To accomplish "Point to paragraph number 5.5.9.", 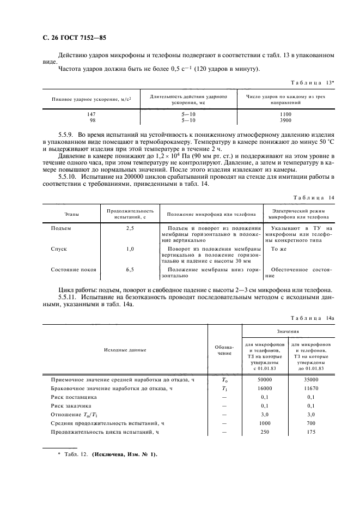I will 66,134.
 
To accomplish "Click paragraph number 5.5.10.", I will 68,178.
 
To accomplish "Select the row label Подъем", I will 60,228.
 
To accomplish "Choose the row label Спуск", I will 58,248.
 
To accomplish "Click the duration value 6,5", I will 130,269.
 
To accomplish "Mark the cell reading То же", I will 278,248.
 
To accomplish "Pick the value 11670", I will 310,388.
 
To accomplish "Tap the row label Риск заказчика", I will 71,406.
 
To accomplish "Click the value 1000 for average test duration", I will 265,423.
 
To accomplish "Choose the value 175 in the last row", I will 310,432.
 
